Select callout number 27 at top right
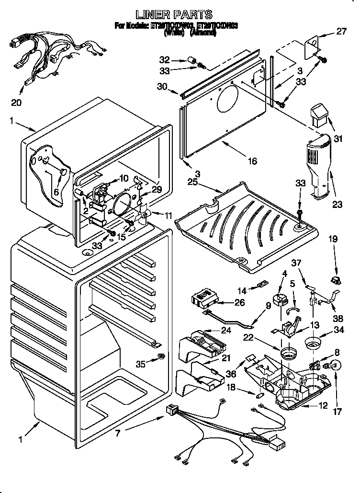coord(340,33)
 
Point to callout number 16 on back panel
coord(252,161)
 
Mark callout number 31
coord(338,139)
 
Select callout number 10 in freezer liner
coord(123,178)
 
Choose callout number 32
coord(164,60)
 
